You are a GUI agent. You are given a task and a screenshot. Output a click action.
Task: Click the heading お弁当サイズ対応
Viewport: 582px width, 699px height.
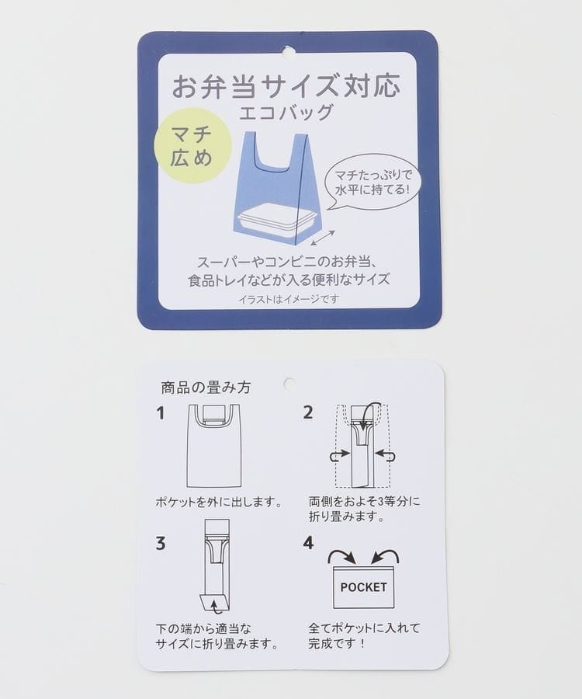click(286, 85)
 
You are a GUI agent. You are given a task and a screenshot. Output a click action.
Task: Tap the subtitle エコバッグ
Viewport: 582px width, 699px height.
click(286, 113)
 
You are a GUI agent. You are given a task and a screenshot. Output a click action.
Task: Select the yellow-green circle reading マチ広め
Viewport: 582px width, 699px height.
click(192, 145)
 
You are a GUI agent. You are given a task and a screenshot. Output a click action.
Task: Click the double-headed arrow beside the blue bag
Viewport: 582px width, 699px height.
click(323, 237)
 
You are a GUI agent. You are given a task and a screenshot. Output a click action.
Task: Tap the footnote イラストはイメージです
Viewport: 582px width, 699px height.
click(289, 299)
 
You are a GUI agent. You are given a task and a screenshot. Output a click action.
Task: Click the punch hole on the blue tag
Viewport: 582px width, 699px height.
click(289, 51)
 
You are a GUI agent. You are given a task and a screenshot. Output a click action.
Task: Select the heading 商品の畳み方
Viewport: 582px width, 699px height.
click(206, 387)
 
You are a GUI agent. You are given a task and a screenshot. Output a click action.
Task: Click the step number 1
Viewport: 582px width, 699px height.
click(161, 413)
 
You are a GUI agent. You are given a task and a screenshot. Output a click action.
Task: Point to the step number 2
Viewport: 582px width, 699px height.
click(308, 412)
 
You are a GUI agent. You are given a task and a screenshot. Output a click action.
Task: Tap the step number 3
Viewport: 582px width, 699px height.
click(161, 544)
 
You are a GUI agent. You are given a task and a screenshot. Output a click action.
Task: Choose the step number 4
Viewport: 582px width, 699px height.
click(308, 543)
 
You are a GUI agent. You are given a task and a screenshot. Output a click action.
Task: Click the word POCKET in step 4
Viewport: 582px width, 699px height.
click(363, 587)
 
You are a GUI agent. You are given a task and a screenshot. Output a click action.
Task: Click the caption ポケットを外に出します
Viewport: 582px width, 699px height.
click(219, 503)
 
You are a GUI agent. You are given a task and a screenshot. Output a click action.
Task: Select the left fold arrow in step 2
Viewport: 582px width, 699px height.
click(338, 455)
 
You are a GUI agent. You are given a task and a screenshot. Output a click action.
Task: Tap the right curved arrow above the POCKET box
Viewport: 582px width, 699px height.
click(386, 556)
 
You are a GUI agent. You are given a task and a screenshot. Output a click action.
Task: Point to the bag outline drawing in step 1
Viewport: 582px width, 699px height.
click(213, 446)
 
